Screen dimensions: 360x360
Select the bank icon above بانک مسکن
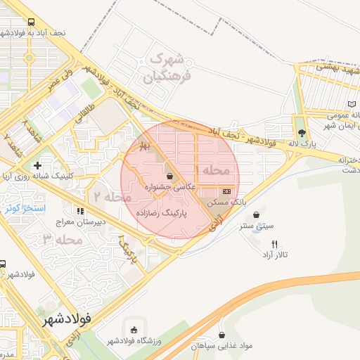click(226, 191)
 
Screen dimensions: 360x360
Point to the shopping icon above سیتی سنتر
click(255, 214)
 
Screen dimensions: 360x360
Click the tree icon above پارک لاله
click(302, 132)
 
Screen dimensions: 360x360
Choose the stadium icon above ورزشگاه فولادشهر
click(134, 330)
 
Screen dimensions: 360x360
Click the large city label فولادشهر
click(63, 319)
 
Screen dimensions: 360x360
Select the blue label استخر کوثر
click(25, 208)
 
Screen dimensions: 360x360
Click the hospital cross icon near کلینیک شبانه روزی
click(37, 165)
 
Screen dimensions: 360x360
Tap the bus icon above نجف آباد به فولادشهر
click(32, 22)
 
